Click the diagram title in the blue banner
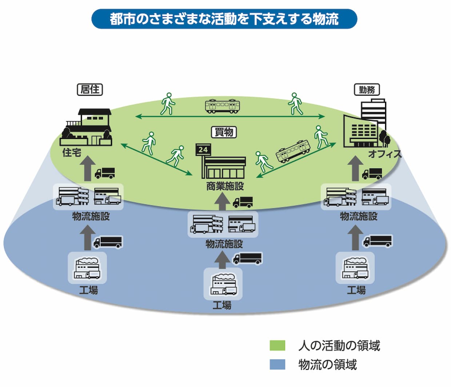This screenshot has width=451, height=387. tap(224, 19)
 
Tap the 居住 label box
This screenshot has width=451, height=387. tap(90, 89)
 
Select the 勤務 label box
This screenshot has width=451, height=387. tap(367, 89)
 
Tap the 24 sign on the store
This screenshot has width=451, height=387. tap(203, 149)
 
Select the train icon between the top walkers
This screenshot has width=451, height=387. tap(222, 106)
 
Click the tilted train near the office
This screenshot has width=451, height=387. tap(293, 151)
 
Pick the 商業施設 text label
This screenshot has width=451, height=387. tap(225, 186)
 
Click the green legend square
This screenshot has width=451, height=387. tap(277, 345)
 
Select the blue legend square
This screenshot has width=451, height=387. tap(277, 364)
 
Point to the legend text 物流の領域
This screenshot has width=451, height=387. tap(327, 364)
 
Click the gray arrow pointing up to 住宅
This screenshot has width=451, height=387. tap(88, 168)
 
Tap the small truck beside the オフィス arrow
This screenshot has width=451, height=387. tap(372, 173)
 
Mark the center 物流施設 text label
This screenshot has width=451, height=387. tap(224, 244)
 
